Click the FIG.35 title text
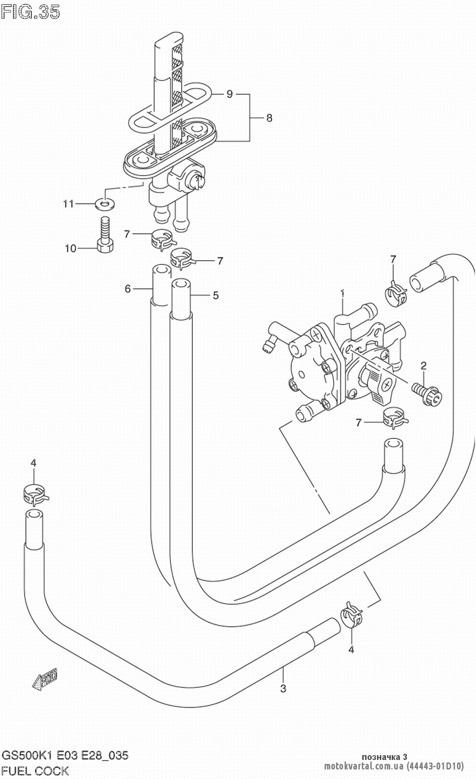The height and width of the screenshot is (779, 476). coord(30,12)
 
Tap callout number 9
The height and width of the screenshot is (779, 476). coord(229,94)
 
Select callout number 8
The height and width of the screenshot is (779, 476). coord(269,118)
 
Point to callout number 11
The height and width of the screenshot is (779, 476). coord(69,204)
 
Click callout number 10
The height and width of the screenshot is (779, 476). coord(70,248)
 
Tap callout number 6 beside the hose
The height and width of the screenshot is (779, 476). coord(128,288)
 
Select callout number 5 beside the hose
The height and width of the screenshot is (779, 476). coord(216,295)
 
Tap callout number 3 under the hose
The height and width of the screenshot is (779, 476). coord(283,688)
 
